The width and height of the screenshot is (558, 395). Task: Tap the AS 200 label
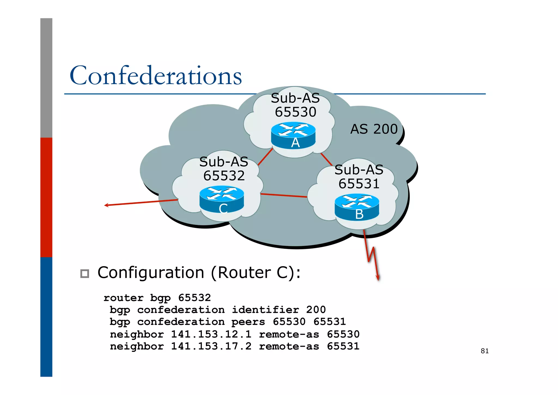(x=374, y=129)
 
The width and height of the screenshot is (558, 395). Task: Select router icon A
(x=293, y=136)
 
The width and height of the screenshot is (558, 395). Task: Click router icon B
(x=357, y=207)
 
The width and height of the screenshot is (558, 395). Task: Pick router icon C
(x=222, y=199)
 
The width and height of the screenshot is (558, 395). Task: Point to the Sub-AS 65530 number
(x=295, y=112)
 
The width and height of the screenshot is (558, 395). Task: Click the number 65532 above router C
(x=224, y=176)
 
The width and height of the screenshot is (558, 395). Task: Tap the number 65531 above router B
(x=359, y=184)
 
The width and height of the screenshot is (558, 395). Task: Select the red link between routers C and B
(x=284, y=195)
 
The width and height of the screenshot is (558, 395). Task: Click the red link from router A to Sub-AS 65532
(x=265, y=157)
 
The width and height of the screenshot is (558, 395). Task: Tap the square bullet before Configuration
(x=85, y=274)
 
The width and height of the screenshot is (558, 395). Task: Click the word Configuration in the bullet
(x=151, y=273)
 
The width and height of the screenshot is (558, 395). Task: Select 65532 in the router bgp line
(x=195, y=298)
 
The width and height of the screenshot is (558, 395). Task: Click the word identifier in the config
(x=265, y=310)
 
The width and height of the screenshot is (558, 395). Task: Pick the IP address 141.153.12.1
(x=211, y=334)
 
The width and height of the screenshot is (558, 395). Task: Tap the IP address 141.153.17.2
(x=211, y=346)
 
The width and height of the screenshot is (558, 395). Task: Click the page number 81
(x=484, y=351)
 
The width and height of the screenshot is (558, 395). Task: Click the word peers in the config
(x=248, y=322)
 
